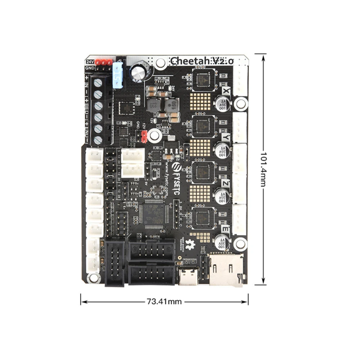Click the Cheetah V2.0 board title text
[202, 60]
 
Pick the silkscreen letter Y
[226, 137]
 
